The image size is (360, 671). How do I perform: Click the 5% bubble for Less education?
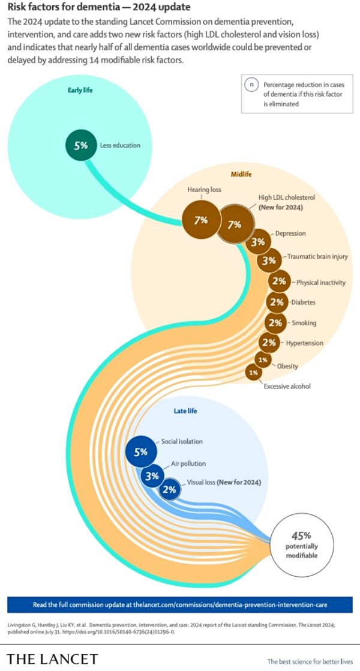point(81,145)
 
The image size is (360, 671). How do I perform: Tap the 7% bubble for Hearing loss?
point(200,220)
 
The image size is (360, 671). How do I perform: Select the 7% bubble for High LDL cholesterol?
point(235,224)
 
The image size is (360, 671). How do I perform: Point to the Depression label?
point(290,233)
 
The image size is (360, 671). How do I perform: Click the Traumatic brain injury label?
point(317,257)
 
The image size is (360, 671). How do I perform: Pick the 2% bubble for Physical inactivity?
point(279,281)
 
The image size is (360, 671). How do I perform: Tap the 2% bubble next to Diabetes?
point(277,302)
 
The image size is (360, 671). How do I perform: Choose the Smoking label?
point(304,323)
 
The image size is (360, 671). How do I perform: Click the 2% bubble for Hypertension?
point(269,342)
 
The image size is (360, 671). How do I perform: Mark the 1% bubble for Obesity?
point(263,360)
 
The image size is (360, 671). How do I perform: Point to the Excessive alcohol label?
point(287,386)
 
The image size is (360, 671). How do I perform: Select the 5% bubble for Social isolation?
point(140,452)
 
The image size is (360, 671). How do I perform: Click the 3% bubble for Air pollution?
point(152,475)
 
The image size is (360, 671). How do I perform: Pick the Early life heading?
point(80,90)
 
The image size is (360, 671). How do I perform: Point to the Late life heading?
point(185,411)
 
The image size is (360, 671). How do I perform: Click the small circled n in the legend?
point(251,85)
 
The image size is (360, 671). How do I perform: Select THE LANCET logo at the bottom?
point(52,659)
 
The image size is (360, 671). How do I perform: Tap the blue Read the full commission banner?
point(180,604)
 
